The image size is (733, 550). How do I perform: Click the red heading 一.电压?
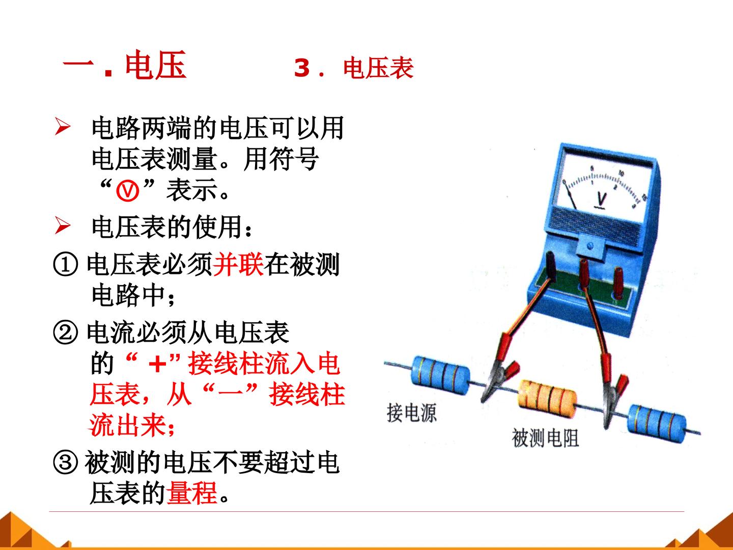click(124, 65)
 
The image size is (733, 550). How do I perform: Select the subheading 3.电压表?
click(354, 68)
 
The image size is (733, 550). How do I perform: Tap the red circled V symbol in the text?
click(128, 191)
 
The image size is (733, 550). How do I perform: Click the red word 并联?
click(238, 264)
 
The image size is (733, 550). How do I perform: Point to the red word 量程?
click(192, 493)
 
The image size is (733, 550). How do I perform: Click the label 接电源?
click(411, 413)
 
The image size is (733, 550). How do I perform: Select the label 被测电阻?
click(545, 438)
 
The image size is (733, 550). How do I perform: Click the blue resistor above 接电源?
click(441, 375)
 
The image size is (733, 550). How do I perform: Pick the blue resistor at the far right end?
click(657, 423)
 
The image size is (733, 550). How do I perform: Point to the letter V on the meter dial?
click(601, 199)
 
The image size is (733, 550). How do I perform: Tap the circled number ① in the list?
click(66, 264)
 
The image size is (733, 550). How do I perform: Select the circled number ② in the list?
click(66, 333)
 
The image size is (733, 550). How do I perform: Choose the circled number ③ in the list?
click(66, 463)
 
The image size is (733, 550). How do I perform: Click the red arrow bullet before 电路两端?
click(63, 127)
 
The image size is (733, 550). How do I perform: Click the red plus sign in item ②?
click(158, 364)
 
